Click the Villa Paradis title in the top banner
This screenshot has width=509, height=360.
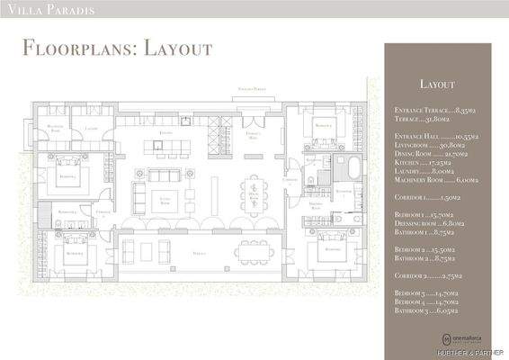pyautogui.click(x=41, y=11)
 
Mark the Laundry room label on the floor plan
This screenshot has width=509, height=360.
pyautogui.click(x=91, y=130)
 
